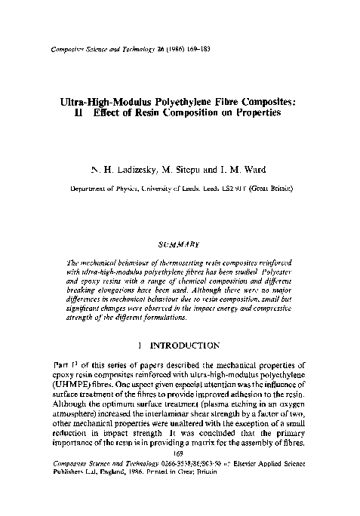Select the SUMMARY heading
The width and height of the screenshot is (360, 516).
coord(180,244)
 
